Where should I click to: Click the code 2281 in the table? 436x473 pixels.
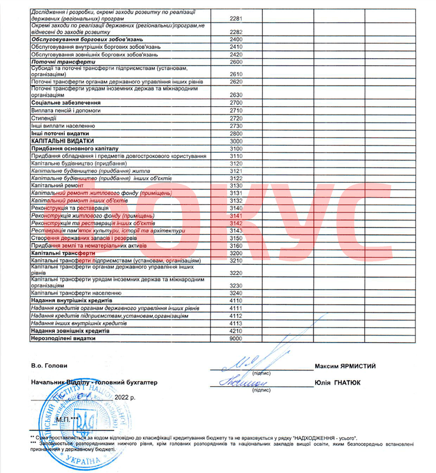coord(237,19)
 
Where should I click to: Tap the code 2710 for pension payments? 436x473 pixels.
coord(237,110)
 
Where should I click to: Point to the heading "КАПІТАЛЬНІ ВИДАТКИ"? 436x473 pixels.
coord(62,142)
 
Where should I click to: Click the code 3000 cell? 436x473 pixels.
coord(237,142)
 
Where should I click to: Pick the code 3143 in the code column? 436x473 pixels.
coord(237,231)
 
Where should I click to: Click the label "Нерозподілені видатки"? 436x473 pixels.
coord(63,339)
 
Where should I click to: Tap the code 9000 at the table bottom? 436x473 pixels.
coord(237,339)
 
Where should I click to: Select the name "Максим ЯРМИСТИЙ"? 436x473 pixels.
coord(345,366)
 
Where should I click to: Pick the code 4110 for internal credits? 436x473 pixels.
coord(237,300)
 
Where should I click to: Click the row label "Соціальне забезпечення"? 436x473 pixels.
coord(65,103)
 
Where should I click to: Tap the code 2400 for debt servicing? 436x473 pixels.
coord(237,39)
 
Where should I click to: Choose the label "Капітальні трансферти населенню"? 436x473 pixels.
coord(77,293)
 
